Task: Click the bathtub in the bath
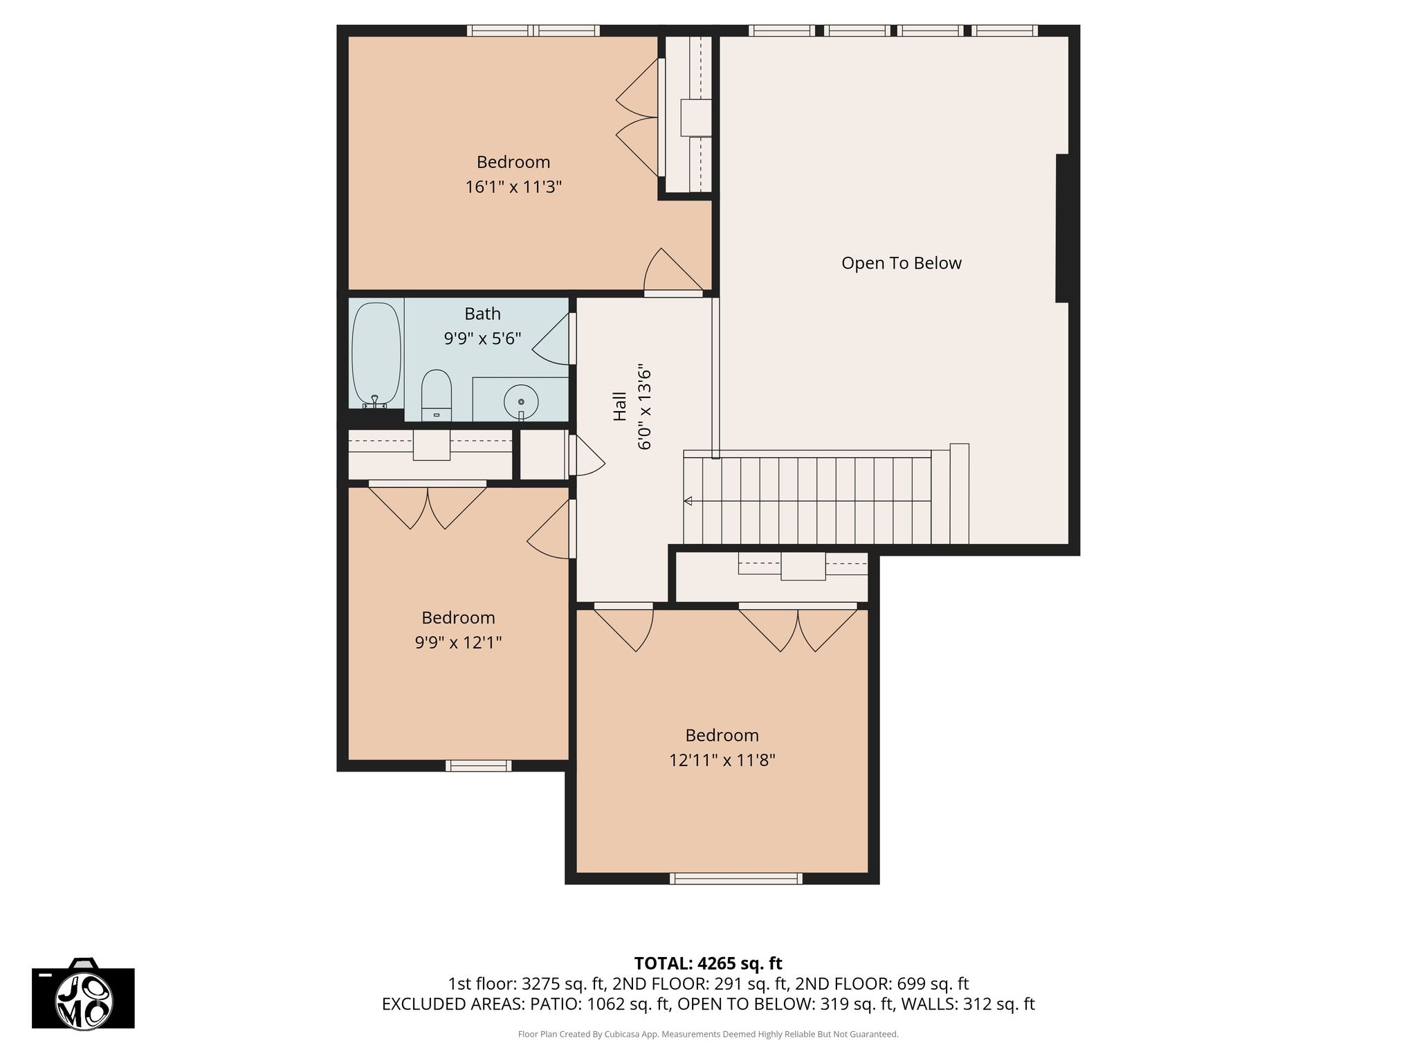pos(376,354)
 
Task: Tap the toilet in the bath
pos(437,395)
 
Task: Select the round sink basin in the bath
pos(521,401)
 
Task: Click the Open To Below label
pos(901,263)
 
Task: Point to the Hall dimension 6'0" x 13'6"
pos(644,407)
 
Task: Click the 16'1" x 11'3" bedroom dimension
pos(513,187)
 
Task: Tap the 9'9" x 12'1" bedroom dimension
pos(458,642)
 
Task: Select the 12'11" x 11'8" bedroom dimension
pos(722,760)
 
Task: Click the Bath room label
pos(482,314)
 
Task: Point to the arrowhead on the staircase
pos(688,501)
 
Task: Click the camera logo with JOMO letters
pos(83,994)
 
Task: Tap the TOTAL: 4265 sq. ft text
pos(708,963)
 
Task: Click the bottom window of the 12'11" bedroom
pos(736,878)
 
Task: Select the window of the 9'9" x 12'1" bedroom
pos(479,765)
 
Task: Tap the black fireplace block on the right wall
pos(1062,228)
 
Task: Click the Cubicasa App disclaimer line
pos(708,1034)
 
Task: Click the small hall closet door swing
pos(587,455)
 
